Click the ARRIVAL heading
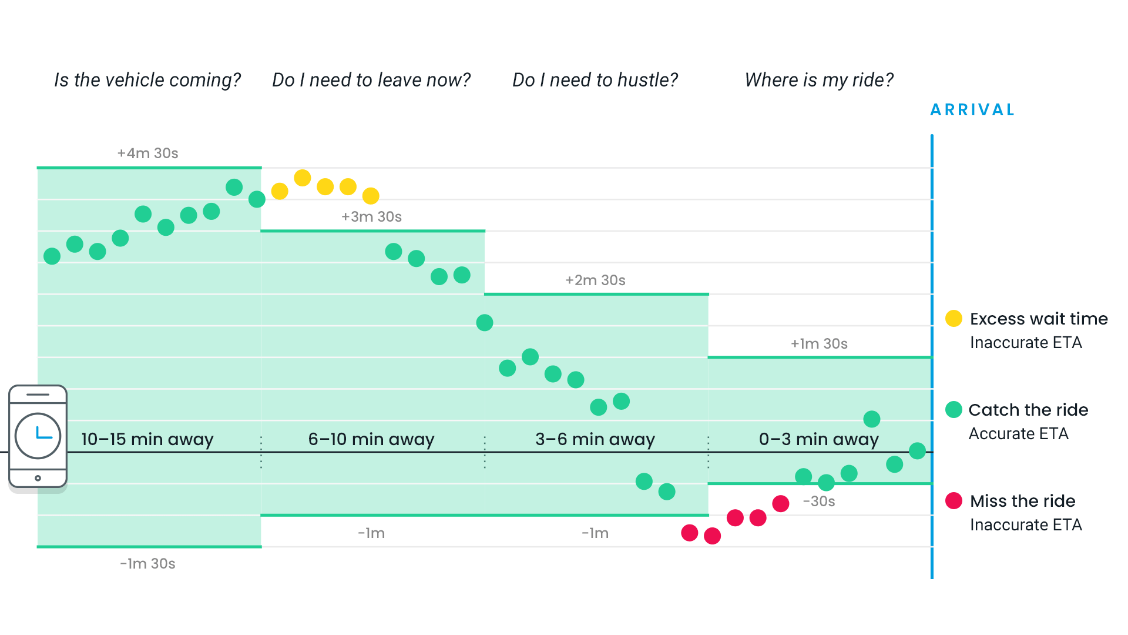click(973, 110)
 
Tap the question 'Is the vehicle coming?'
click(147, 80)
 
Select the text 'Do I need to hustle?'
click(595, 80)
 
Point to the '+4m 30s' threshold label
click(147, 153)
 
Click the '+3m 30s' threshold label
click(371, 216)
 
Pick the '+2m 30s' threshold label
click(595, 280)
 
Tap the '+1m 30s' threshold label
click(819, 343)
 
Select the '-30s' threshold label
click(819, 501)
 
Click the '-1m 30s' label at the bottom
click(147, 563)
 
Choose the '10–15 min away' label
click(147, 439)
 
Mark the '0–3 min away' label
click(819, 439)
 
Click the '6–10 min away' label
click(371, 439)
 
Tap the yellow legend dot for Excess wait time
click(954, 318)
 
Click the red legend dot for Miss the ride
click(954, 500)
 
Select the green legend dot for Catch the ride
click(954, 409)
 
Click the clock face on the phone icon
click(38, 436)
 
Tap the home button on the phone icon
click(38, 478)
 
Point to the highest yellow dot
click(303, 178)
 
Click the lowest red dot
click(712, 536)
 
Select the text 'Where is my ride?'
click(819, 80)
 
